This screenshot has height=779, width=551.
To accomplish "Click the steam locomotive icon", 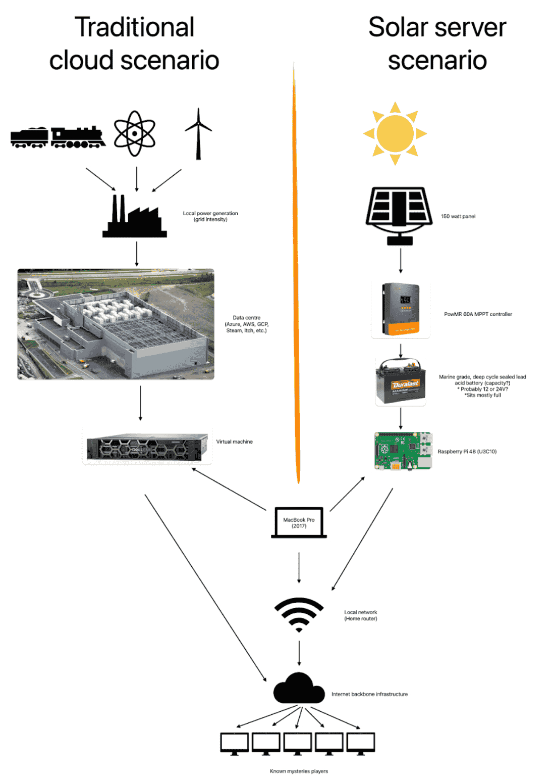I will point(58,137).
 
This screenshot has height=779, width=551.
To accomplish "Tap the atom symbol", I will point(135,133).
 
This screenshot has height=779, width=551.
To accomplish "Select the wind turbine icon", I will point(198,134).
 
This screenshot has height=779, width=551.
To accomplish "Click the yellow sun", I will point(395,133).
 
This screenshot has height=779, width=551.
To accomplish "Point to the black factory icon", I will point(135,217).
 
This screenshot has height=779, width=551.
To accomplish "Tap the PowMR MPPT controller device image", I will point(401,309).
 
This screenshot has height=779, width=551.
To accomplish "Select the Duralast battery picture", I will point(401,382).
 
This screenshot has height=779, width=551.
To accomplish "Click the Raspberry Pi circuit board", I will point(403,451).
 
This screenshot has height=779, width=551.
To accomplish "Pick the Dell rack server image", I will point(147,447).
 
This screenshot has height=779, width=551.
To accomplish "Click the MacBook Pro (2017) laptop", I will point(299,523).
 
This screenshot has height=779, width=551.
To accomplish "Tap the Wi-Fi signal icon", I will point(299,614).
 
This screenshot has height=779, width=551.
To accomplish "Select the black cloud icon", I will point(299,689).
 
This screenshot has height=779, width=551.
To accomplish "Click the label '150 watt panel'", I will point(458,216).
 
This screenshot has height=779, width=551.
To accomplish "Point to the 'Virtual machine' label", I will point(234,442).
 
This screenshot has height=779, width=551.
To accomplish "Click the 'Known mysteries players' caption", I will point(299,771).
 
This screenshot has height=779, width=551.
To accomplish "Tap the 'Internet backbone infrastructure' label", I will point(369,694).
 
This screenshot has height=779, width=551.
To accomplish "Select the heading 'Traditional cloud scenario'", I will point(134,43).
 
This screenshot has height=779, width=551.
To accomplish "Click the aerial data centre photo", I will point(116,324).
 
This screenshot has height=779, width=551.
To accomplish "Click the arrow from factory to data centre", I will point(137,254).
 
